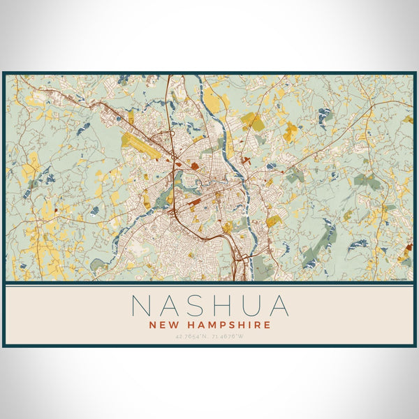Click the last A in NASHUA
(x=277, y=305)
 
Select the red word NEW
(x=162, y=325)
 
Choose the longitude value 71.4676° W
(x=230, y=337)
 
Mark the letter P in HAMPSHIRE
(x=222, y=325)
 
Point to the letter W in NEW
(x=172, y=325)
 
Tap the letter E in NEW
(x=161, y=325)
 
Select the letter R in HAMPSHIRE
(x=258, y=325)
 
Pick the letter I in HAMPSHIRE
(x=250, y=325)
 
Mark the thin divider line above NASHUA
(x=209, y=285)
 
